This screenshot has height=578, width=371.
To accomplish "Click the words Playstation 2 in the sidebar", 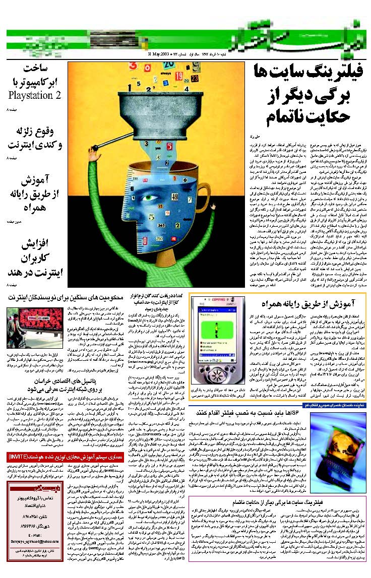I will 34,95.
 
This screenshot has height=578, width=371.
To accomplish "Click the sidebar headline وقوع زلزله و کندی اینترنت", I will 34,139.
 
